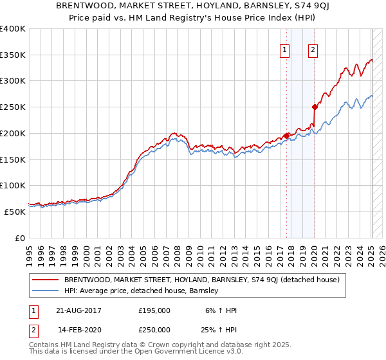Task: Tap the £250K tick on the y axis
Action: [13, 107]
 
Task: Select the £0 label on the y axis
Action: [20, 238]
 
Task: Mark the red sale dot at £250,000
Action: [315, 107]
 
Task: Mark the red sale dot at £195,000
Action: [286, 136]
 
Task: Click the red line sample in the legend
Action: [45, 280]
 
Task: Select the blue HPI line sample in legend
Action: [45, 291]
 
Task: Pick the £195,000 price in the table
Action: [154, 310]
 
